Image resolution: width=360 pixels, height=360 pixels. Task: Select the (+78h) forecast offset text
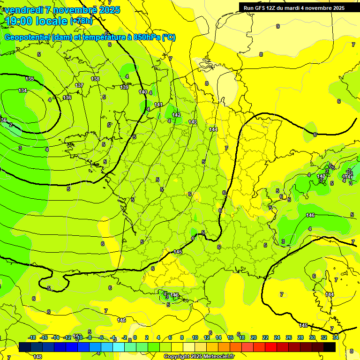coord(81,21)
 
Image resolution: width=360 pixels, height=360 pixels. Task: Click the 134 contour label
coord(22,90)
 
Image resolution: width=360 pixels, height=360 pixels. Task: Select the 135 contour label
coord(30,79)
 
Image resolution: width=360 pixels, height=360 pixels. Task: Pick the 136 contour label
coord(67,97)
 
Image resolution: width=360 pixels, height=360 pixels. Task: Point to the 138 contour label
coord(95,79)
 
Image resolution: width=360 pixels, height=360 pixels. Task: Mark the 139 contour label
coord(124,87)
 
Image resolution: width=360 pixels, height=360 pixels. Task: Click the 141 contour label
coord(158,105)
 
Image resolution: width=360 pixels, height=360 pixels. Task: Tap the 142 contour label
coord(176,115)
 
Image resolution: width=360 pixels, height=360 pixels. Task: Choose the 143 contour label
coord(193,122)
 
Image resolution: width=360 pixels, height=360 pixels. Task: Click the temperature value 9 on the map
coord(278,27)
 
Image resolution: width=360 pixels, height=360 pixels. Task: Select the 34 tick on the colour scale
coord(336,337)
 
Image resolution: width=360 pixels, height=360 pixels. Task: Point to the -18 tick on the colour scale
coord(32,337)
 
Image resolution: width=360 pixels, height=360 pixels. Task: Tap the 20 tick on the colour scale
coord(254,337)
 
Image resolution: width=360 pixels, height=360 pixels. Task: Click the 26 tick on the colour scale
coord(289,337)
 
